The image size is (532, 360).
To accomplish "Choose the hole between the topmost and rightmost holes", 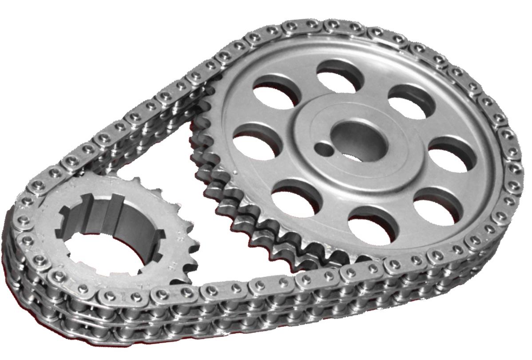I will tap(411, 100).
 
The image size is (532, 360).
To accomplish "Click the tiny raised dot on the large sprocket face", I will tap(234, 170).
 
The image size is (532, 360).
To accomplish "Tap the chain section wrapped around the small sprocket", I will tap(27, 249).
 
